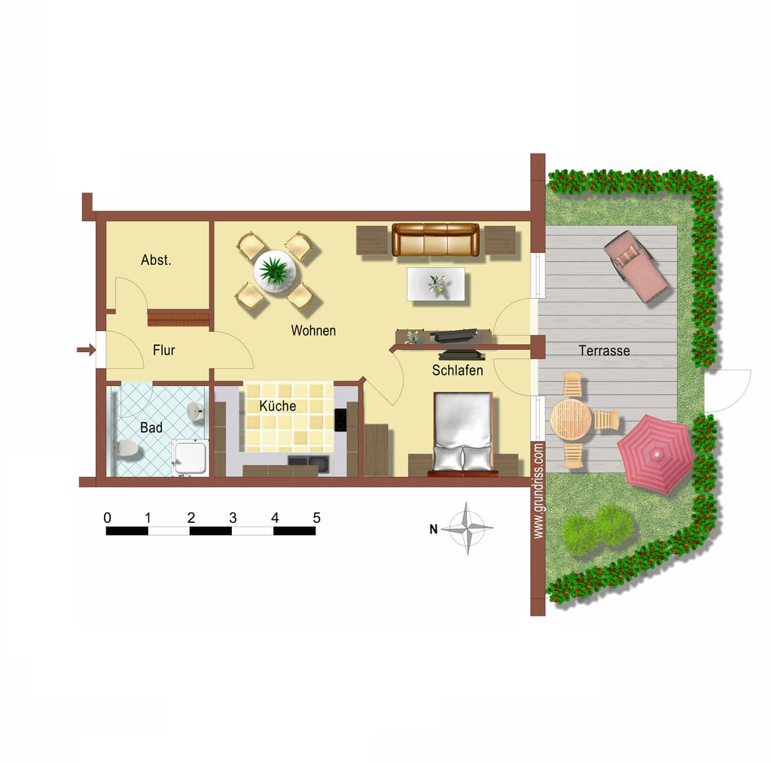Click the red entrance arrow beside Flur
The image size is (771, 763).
[x=86, y=350]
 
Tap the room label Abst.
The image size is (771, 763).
[x=156, y=260]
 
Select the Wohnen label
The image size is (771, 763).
[x=313, y=330]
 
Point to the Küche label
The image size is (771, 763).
[x=277, y=406]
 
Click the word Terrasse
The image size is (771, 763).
[x=604, y=351]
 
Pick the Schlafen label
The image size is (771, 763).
[x=457, y=370]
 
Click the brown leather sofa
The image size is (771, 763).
[x=435, y=240]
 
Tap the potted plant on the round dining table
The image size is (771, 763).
[x=274, y=270]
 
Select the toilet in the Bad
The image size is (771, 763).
[x=126, y=448]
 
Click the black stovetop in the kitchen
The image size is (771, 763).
[x=340, y=420]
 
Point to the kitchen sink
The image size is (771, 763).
[x=309, y=462]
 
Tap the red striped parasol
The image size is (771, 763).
[x=656, y=454]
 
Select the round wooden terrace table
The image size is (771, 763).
[x=571, y=420]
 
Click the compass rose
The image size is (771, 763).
[x=467, y=529]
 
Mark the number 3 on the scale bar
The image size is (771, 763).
[x=233, y=518]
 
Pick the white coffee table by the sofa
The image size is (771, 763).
[x=436, y=284]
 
